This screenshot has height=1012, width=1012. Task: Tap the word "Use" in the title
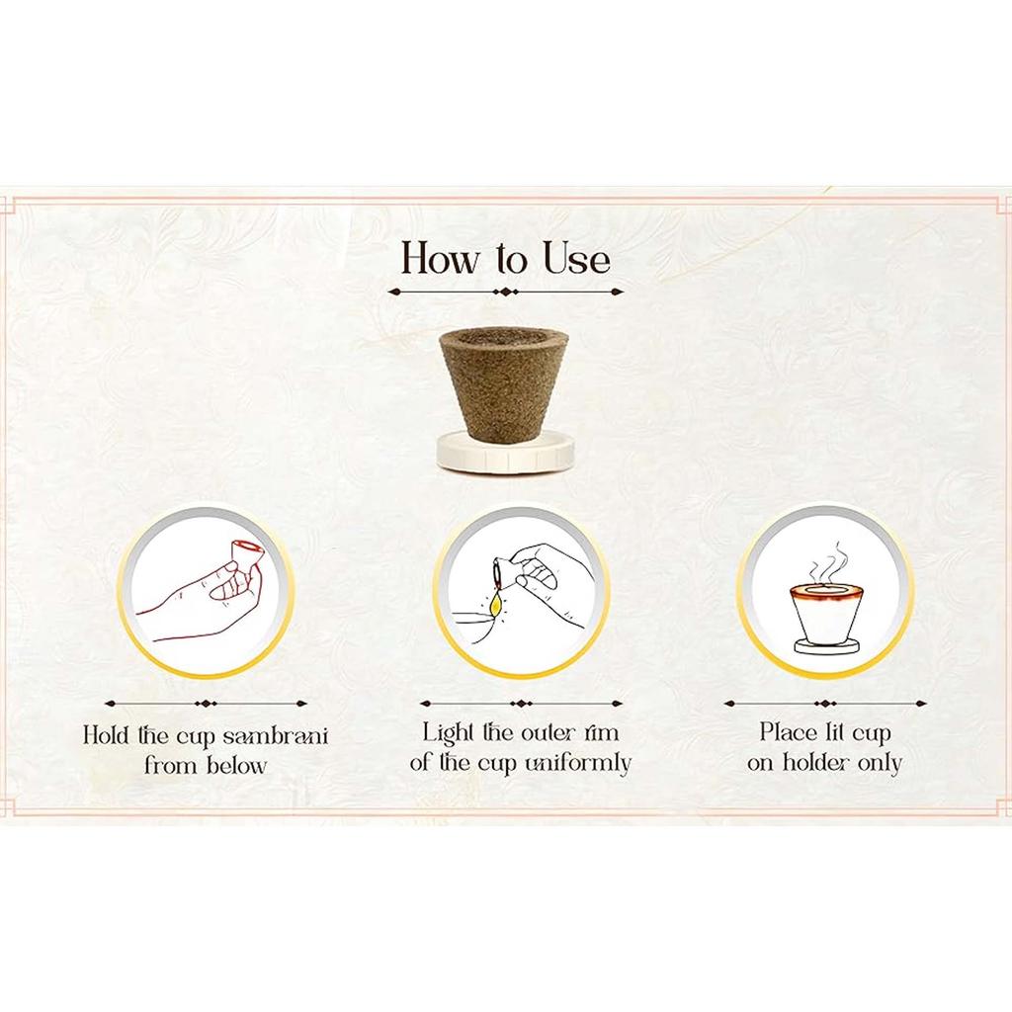click(576, 258)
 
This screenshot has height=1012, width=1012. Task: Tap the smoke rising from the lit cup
click(827, 562)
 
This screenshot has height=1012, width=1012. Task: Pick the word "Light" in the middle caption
click(450, 733)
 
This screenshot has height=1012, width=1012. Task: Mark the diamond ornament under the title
click(505, 292)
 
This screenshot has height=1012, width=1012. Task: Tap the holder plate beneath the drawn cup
click(827, 646)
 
